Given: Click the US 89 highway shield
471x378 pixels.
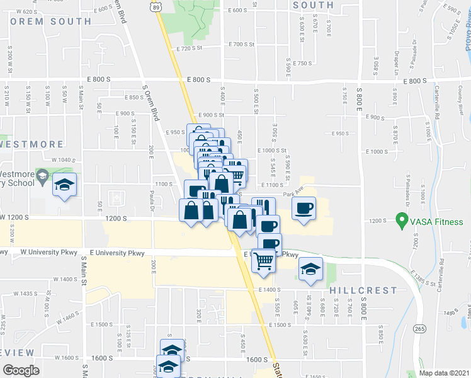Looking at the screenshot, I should (x=164, y=4).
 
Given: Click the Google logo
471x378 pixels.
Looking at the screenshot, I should (x=21, y=370).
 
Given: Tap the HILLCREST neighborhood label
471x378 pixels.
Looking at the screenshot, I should (x=363, y=290).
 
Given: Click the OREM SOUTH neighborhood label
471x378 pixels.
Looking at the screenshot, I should (x=50, y=21).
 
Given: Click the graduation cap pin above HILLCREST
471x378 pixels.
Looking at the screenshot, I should (x=310, y=269).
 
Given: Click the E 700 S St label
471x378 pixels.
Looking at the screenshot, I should (x=242, y=45).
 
